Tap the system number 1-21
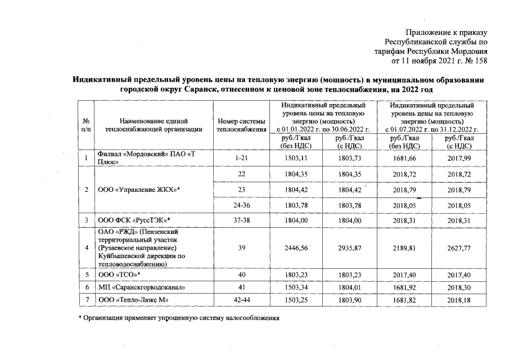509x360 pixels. [x=241, y=159]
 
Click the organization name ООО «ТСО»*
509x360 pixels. [x=119, y=274]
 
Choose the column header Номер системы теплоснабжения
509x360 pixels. [x=241, y=125]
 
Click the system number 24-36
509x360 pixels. [x=241, y=206]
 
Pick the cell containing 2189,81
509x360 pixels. [x=404, y=247]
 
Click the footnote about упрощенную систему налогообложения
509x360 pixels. [x=178, y=318]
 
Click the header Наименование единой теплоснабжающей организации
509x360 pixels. [x=153, y=125]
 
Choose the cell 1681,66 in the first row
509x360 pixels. [x=404, y=159]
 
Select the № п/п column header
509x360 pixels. [x=87, y=125]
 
